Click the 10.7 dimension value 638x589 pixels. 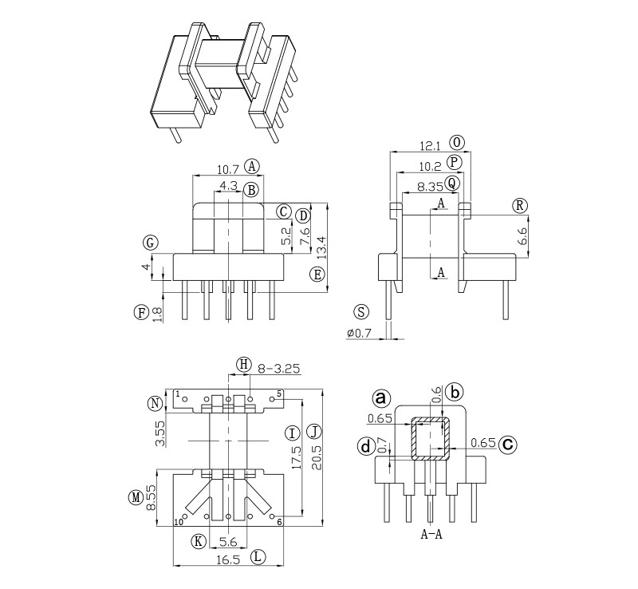(228, 169)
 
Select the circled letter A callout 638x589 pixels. (253, 166)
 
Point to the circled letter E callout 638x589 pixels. (317, 275)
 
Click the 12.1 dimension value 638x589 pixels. (431, 145)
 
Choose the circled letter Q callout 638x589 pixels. (452, 183)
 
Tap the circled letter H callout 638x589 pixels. (244, 365)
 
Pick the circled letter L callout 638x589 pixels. (258, 559)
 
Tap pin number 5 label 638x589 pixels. (279, 394)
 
